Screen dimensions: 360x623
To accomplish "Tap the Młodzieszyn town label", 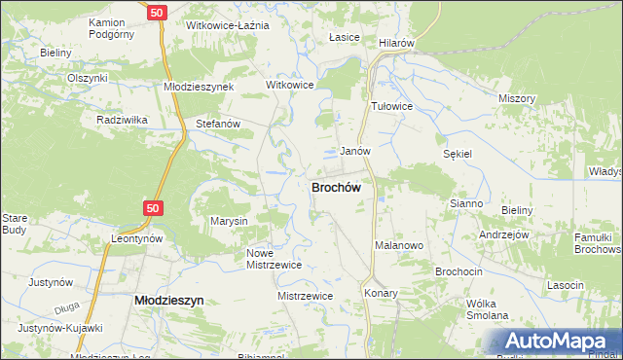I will pyautogui.click(x=167, y=301).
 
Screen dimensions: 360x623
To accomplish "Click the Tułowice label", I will pyautogui.click(x=393, y=106).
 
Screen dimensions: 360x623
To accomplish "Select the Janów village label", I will pyautogui.click(x=354, y=152).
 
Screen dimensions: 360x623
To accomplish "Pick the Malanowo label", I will pyautogui.click(x=399, y=246).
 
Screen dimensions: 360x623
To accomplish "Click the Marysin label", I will pyautogui.click(x=230, y=221).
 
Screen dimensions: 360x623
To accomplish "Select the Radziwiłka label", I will pyautogui.click(x=122, y=120).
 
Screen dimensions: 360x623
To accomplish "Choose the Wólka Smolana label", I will pyautogui.click(x=488, y=309).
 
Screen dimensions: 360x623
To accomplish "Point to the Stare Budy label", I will pyautogui.click(x=15, y=224).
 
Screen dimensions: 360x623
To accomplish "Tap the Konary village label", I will pyautogui.click(x=381, y=292).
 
